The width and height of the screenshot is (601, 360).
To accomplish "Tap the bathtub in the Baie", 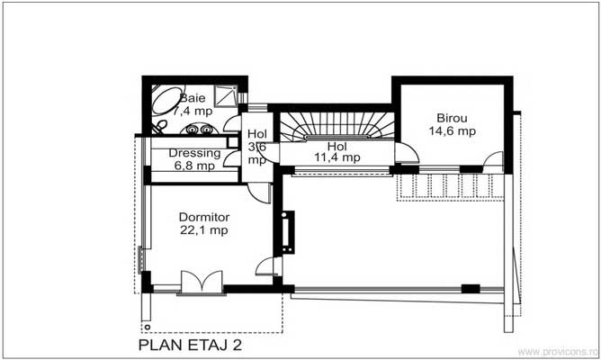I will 166,99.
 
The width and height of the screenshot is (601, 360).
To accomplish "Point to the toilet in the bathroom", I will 158,126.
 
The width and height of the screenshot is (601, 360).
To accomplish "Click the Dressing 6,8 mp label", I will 193,159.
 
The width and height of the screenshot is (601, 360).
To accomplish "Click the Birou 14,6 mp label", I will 452,124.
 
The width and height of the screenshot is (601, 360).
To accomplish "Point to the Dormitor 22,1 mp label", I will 204,224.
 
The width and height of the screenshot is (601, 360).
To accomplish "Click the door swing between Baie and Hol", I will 230,123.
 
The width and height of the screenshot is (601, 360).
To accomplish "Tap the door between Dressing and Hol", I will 232,157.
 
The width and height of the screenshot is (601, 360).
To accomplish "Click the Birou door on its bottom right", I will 492,162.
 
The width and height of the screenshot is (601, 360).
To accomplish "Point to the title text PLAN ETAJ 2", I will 189,344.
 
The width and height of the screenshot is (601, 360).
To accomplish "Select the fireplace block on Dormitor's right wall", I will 288,231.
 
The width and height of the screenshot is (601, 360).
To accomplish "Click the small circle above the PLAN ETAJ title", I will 144,326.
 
